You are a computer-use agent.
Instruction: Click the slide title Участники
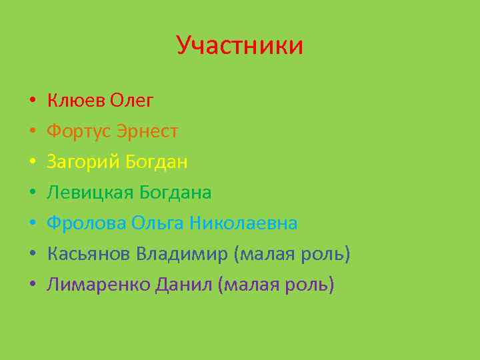(x=239, y=45)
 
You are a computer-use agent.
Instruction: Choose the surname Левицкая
(x=90, y=193)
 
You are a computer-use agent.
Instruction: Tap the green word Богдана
(x=175, y=193)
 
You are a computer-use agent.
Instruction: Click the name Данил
(x=185, y=285)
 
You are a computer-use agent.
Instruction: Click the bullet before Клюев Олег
(x=32, y=101)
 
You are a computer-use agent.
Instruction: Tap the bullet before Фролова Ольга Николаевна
(x=32, y=224)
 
